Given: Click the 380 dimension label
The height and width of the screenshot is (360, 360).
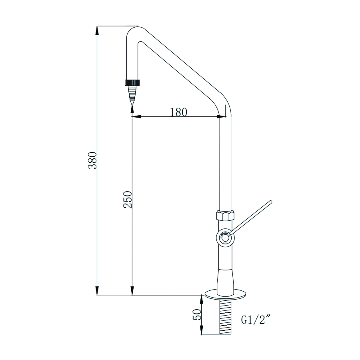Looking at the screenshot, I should (92, 160).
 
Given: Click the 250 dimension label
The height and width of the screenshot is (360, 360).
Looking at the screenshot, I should (128, 199).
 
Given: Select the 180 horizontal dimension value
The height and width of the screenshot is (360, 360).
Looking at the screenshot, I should (178, 112).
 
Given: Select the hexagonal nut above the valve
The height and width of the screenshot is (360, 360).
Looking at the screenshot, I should (226, 215).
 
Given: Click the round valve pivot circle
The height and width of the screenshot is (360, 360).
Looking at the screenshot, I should (226, 238).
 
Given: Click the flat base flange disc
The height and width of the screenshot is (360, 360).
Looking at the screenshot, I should (226, 294).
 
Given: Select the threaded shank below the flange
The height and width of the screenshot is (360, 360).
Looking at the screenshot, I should (226, 316).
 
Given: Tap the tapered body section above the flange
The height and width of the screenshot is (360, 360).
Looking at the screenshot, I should (226, 280).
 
